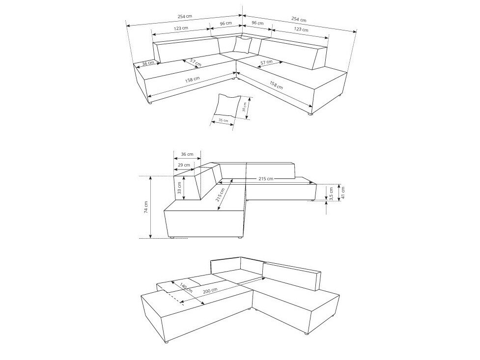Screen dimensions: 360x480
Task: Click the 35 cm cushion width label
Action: tap(224, 120)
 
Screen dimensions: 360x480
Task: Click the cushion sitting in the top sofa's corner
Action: tap(242, 45)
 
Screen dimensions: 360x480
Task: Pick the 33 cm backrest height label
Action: tap(179, 188)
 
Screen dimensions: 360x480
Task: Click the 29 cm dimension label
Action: tap(184, 165)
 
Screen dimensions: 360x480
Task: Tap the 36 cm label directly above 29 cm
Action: tap(187, 154)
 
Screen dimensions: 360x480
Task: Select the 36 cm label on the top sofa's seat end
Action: tap(148, 63)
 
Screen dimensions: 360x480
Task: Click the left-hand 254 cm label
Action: tap(185, 17)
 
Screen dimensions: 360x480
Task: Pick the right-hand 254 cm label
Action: tap(298, 20)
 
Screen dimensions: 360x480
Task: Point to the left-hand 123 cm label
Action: tap(181, 28)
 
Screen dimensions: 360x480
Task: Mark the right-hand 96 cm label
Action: tap(257, 24)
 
